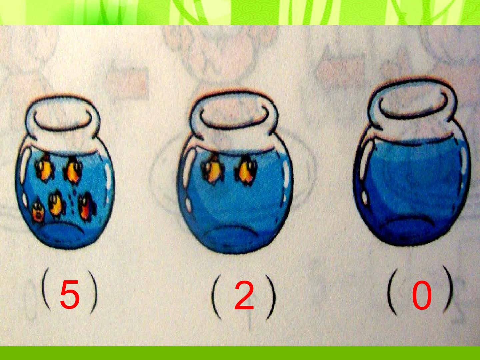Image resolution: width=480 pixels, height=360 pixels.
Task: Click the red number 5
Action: [x=70, y=295]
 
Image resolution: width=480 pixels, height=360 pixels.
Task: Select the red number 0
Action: [x=422, y=296]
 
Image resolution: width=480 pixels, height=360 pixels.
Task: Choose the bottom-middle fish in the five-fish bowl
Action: [x=56, y=204]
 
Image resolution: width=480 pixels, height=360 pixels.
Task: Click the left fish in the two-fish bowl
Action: [x=212, y=169]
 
